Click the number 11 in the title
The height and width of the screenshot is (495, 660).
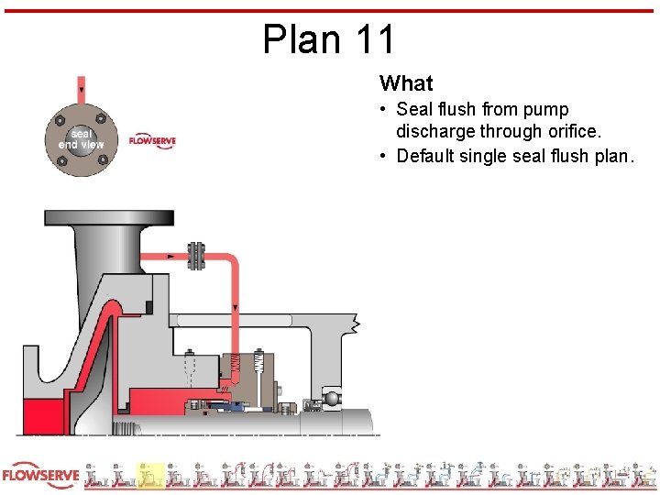coord(374,39)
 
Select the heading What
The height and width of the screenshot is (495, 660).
coord(405,83)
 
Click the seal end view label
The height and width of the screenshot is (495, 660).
coord(81,139)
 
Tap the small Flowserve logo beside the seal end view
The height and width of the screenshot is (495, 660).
coord(151,141)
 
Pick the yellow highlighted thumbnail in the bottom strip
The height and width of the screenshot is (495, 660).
coord(150,475)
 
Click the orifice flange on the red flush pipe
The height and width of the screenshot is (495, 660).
coord(195,256)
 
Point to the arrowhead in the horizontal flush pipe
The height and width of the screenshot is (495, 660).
coord(172,256)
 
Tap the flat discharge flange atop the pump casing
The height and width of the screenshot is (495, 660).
coord(108,219)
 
